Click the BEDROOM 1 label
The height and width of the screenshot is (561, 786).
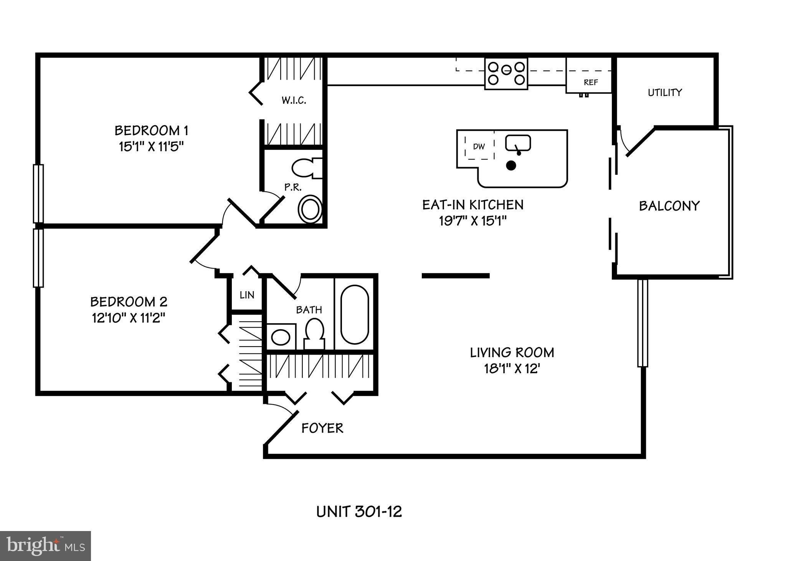[151, 131]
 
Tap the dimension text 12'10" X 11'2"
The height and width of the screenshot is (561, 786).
[129, 318]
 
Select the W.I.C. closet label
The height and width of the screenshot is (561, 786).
[294, 101]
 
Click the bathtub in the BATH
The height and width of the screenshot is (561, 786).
[355, 315]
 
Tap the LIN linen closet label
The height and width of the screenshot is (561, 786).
[247, 295]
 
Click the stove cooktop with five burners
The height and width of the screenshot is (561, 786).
[506, 73]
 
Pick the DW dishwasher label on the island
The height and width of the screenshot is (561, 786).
[479, 146]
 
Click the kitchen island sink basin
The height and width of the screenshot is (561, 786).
[518, 143]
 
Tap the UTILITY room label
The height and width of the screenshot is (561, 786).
[665, 93]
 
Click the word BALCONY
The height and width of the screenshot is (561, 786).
[669, 206]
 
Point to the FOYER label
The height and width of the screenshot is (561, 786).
[322, 428]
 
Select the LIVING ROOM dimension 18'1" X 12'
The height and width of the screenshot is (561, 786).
[512, 369]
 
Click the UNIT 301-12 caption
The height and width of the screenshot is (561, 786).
[359, 511]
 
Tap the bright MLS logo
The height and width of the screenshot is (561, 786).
[45, 546]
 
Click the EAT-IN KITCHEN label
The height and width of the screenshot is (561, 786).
[473, 205]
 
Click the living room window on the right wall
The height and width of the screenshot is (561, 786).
[643, 323]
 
